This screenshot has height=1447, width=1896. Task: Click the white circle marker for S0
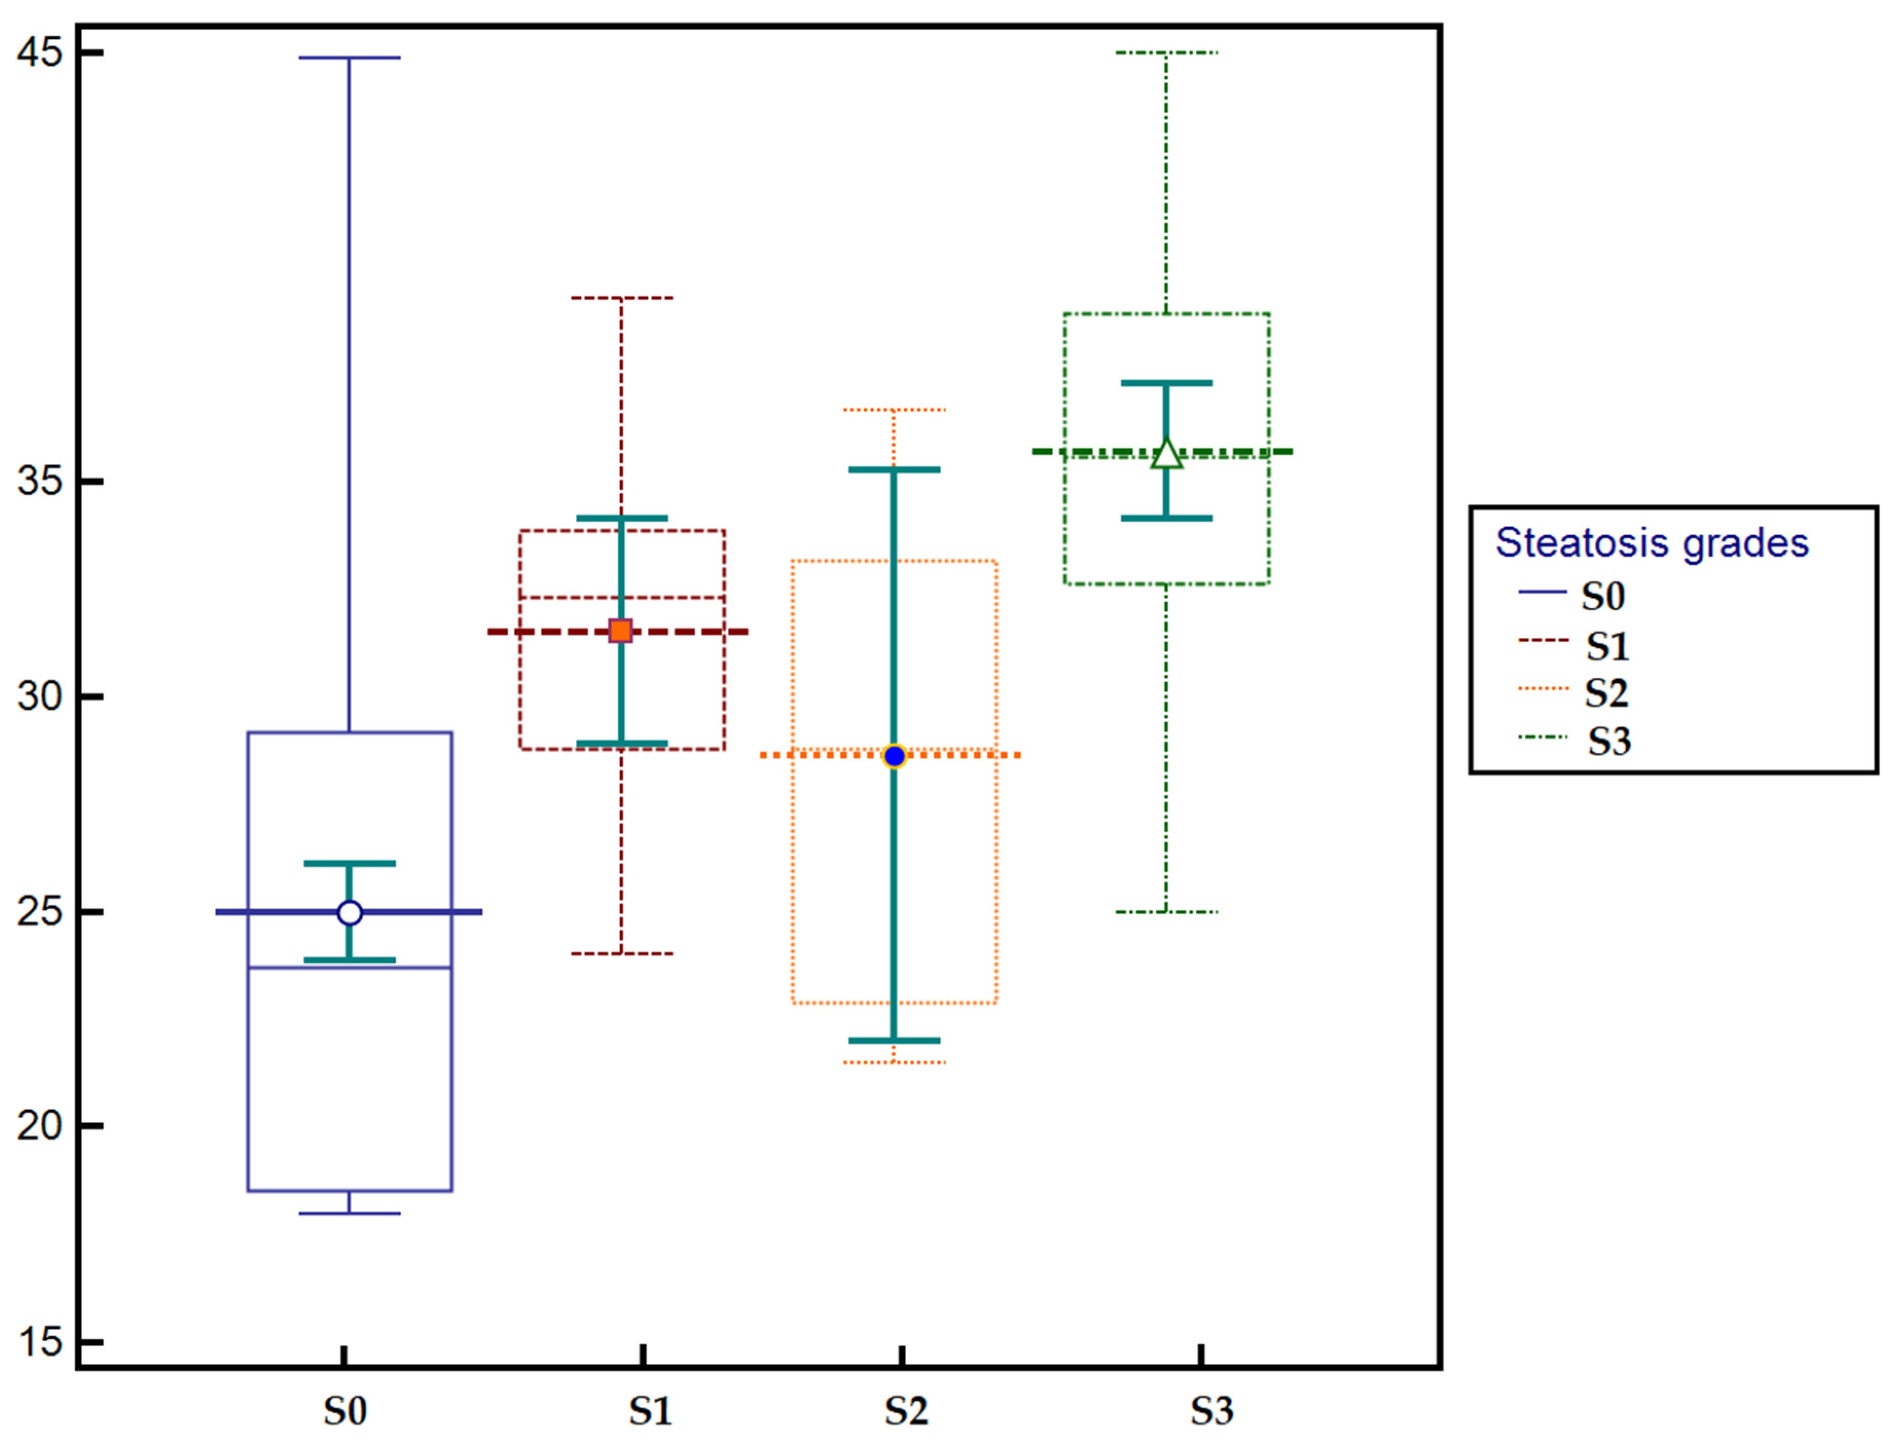click(349, 912)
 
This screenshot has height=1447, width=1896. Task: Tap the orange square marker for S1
click(620, 631)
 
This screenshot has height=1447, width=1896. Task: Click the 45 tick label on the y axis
click(40, 52)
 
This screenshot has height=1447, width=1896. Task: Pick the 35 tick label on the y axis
click(40, 481)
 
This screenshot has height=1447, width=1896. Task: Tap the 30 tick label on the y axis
click(40, 695)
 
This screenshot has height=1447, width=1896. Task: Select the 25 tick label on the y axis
click(40, 910)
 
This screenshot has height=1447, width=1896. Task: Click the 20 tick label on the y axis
click(40, 1125)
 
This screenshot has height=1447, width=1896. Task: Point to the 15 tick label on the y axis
click(40, 1341)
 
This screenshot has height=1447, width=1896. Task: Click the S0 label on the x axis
click(344, 1411)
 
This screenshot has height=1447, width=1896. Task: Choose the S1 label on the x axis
click(649, 1411)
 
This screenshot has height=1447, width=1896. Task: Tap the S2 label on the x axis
click(906, 1411)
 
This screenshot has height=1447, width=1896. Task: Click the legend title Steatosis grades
click(1651, 543)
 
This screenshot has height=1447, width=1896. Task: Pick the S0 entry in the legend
click(1602, 596)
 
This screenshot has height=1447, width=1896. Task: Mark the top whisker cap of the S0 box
click(349, 58)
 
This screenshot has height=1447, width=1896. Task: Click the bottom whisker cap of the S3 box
click(1166, 911)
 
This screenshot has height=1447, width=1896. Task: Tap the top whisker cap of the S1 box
click(621, 298)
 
